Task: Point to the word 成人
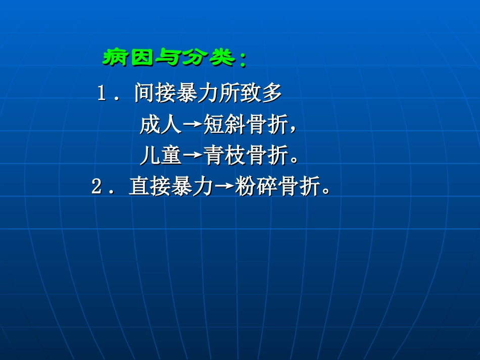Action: (x=160, y=125)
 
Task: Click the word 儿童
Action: (x=160, y=157)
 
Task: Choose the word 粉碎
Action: (x=256, y=187)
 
